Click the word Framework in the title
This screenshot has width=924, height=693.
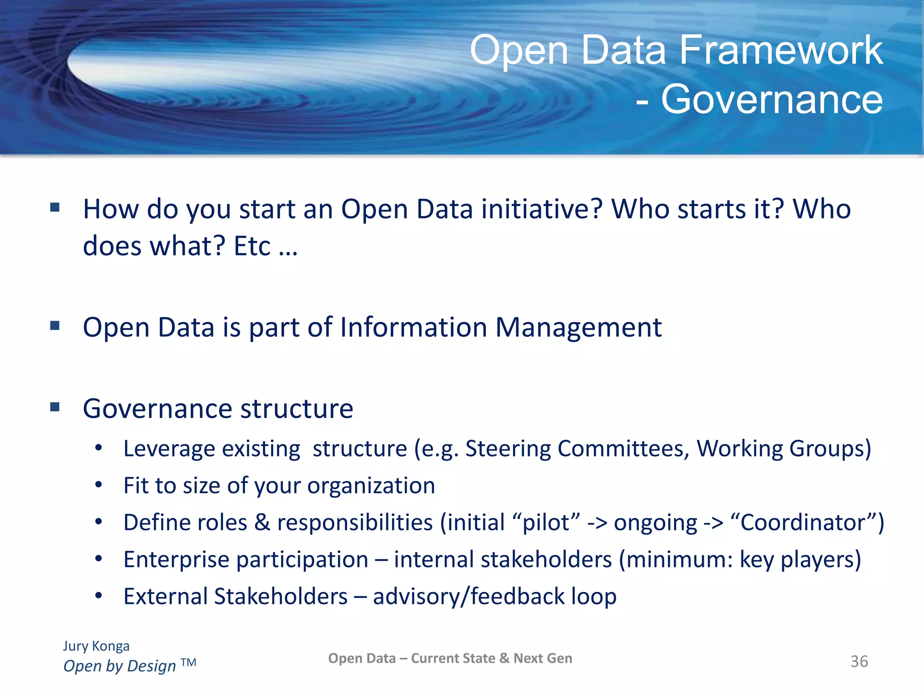click(781, 51)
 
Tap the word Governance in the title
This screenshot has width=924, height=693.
click(772, 99)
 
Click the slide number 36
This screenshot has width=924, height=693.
click(859, 661)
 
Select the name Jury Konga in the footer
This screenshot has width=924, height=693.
click(96, 646)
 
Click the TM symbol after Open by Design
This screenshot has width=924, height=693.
click(189, 662)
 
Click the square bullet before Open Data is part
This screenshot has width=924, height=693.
click(55, 325)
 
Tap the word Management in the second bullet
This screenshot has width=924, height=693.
click(578, 327)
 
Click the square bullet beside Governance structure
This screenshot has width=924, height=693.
click(55, 407)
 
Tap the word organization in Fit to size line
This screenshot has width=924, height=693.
click(371, 486)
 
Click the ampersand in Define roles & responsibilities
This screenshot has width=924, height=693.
click(262, 522)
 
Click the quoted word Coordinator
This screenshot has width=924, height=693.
click(803, 522)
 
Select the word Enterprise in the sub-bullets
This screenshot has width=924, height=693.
click(176, 560)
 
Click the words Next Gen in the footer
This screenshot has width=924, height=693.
click(543, 658)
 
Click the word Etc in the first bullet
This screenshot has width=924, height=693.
click(252, 246)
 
